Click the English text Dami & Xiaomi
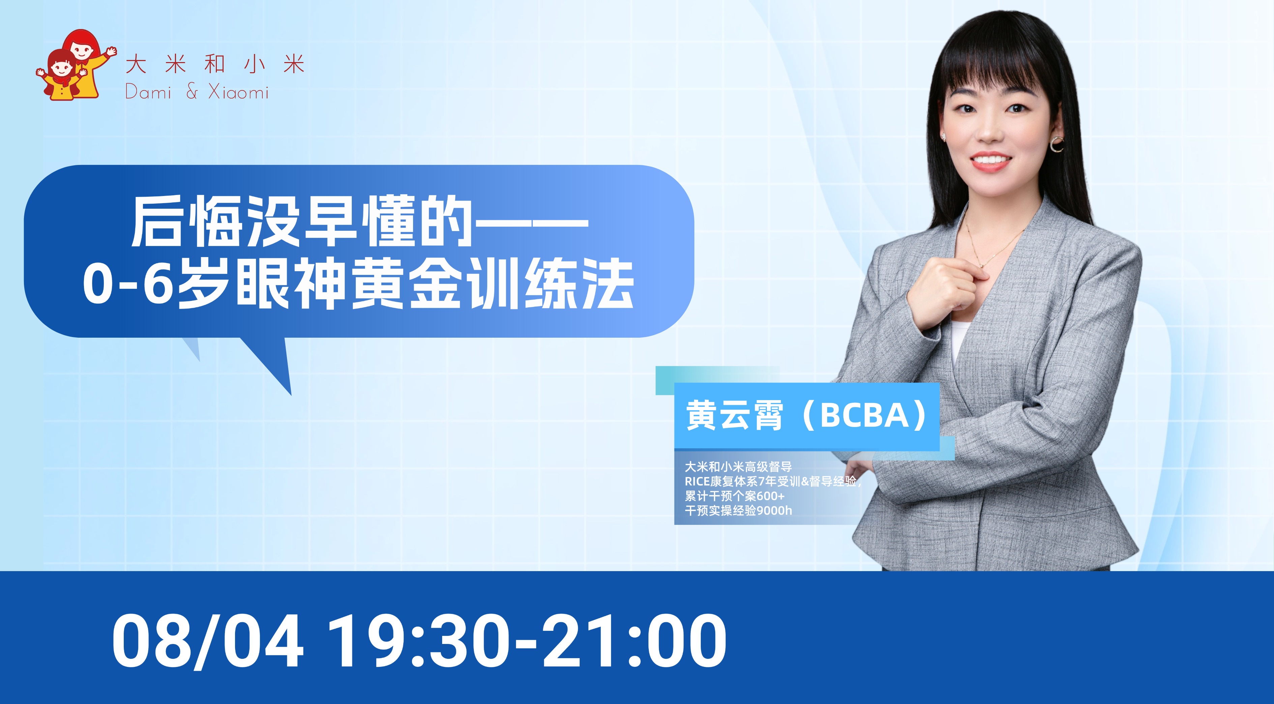click(x=197, y=92)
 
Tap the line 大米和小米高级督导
click(x=738, y=467)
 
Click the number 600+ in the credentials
click(x=770, y=496)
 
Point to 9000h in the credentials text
click(x=774, y=511)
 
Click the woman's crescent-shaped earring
click(x=1057, y=144)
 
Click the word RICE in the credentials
click(x=697, y=481)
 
